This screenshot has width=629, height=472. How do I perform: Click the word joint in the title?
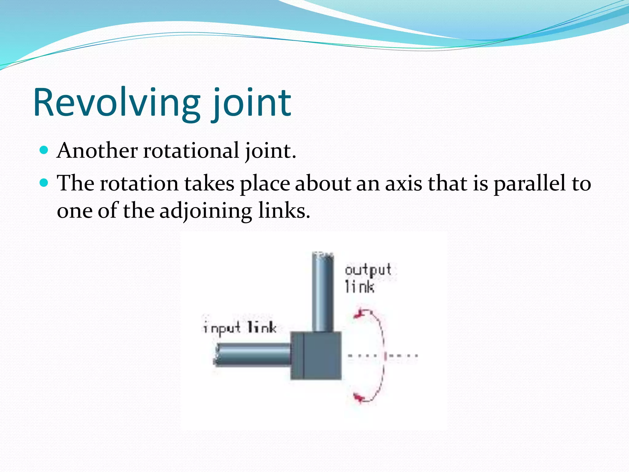point(251,103)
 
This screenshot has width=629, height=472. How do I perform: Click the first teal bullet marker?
point(44,150)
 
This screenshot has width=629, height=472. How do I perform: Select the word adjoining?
point(206,211)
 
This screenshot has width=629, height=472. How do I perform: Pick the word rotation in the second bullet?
point(139,183)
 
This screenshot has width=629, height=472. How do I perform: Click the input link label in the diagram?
point(240,328)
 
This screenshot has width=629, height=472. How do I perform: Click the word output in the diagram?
point(368,270)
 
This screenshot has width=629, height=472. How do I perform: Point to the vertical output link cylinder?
point(322,292)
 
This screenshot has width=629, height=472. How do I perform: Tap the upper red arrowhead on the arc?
point(358,314)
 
